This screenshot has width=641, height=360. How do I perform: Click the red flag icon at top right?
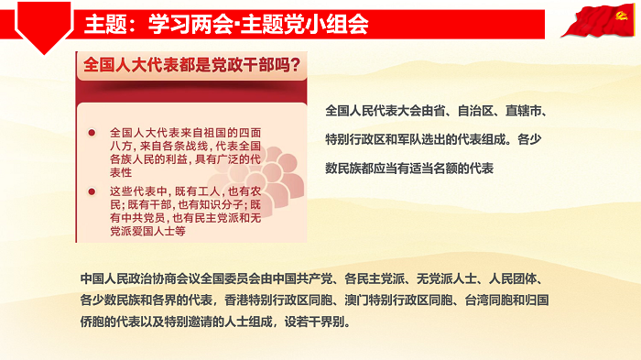[x=601, y=19]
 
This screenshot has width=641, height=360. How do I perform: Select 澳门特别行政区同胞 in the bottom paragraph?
[x=412, y=300]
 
